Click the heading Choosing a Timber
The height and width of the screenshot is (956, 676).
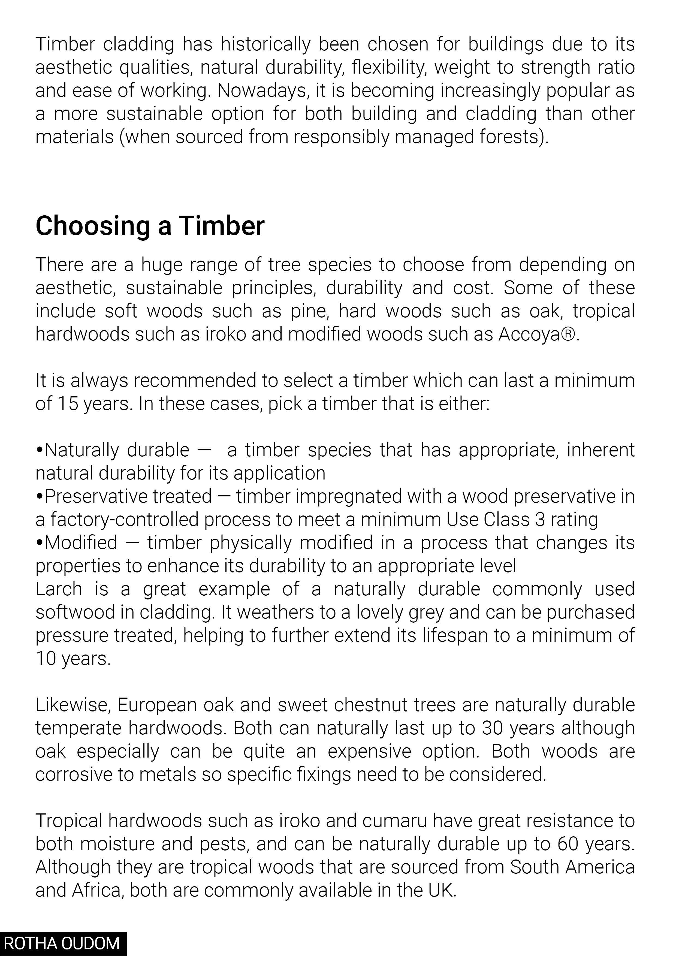150,226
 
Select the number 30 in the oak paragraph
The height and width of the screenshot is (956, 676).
493,728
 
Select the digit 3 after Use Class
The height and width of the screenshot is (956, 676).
540,520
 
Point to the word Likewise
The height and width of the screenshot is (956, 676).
72,705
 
